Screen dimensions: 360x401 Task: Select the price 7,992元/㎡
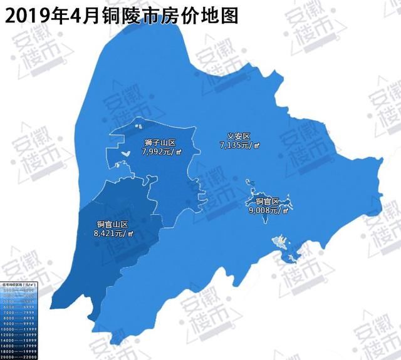[x=162, y=152]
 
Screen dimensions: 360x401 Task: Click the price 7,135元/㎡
[x=239, y=145]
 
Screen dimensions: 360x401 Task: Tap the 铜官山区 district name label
[x=112, y=225]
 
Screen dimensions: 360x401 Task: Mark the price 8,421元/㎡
[x=113, y=234]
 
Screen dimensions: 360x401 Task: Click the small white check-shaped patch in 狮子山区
[x=126, y=152]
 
